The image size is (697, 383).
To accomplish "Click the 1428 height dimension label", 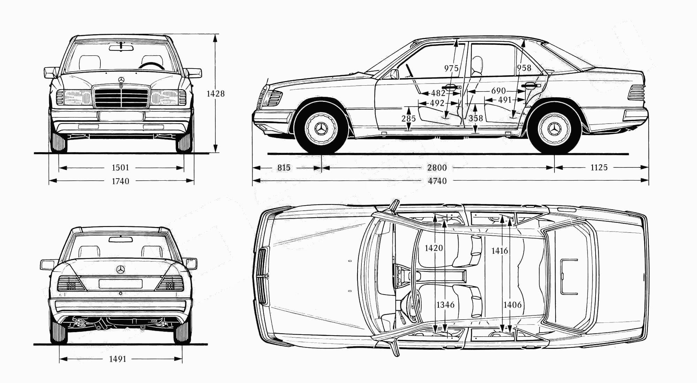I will (215, 94).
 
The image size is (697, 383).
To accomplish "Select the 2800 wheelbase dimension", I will (437, 168).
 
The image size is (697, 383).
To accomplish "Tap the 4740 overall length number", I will (437, 181).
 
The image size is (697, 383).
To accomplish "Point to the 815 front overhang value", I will (284, 168).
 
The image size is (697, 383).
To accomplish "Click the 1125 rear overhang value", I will (599, 168).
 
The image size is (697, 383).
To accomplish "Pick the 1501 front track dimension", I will (120, 168).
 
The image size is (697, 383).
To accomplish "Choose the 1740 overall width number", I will (120, 181).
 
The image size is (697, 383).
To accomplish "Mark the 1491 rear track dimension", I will (117, 359).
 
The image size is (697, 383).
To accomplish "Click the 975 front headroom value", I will (451, 68).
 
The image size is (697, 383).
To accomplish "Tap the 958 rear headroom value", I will (524, 68).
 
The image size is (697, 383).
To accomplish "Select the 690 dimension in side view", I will (498, 91).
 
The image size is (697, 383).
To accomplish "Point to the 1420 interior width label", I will (434, 248).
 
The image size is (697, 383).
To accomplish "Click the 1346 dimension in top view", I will (445, 305).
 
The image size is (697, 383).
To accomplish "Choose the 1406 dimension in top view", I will (512, 305).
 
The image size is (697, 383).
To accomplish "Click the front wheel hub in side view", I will (321, 130).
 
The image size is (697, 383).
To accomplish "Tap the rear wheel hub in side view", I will (554, 130).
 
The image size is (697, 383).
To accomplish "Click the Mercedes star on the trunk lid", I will (121, 270).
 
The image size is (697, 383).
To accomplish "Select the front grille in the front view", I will (121, 97).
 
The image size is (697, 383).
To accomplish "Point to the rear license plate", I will (121, 284).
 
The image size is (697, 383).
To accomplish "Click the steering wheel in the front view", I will (152, 66).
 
